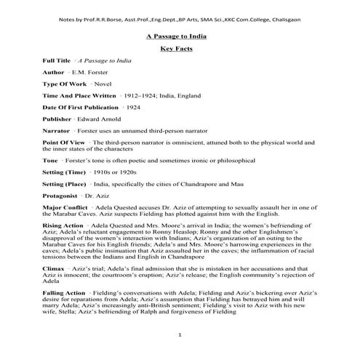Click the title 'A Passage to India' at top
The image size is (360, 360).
click(x=180, y=35)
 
